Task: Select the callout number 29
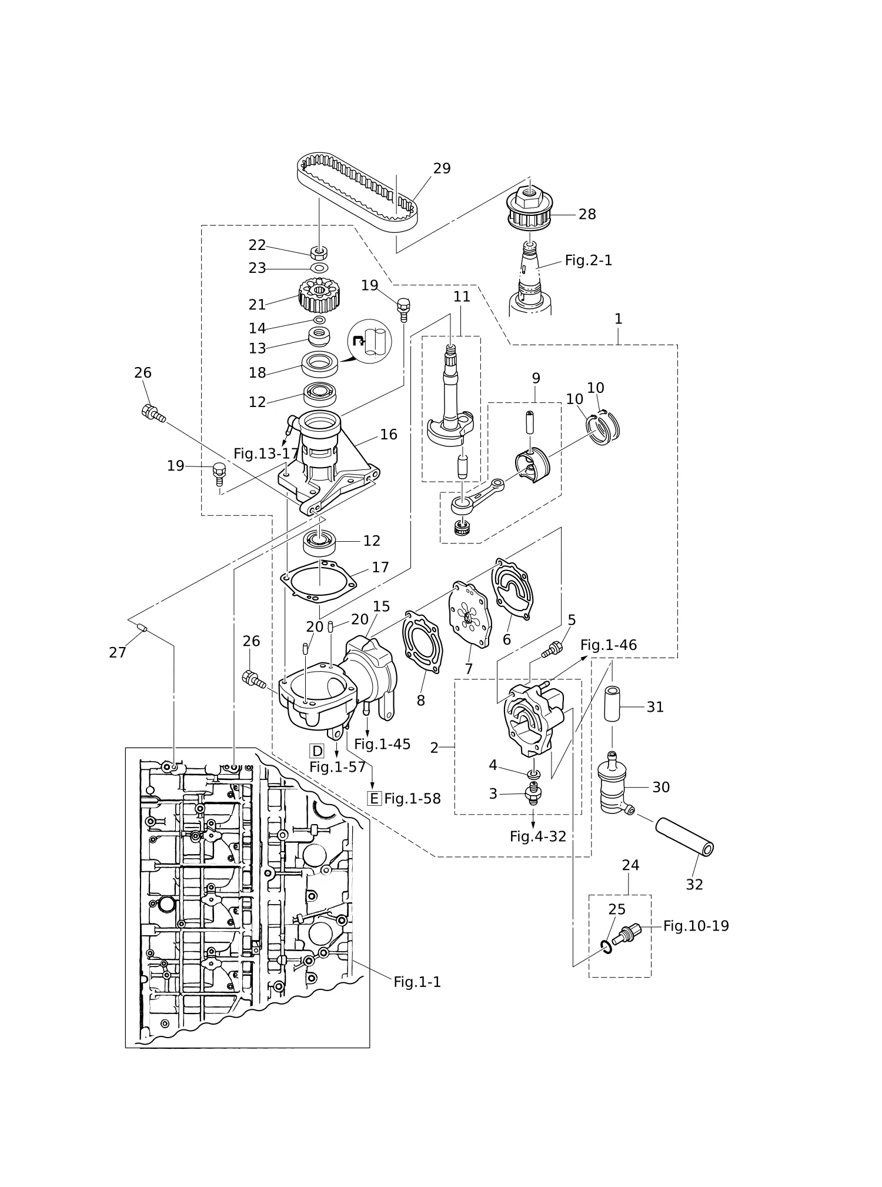(x=442, y=169)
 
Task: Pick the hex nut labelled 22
(x=319, y=253)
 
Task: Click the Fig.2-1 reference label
(x=589, y=260)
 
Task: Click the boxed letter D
(x=317, y=751)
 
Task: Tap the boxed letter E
(x=374, y=798)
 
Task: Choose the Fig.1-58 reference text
(x=412, y=799)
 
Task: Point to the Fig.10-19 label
(x=696, y=926)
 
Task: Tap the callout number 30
(x=661, y=787)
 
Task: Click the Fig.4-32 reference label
(x=538, y=836)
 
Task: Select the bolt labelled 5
(x=552, y=649)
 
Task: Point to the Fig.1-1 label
(x=417, y=982)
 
